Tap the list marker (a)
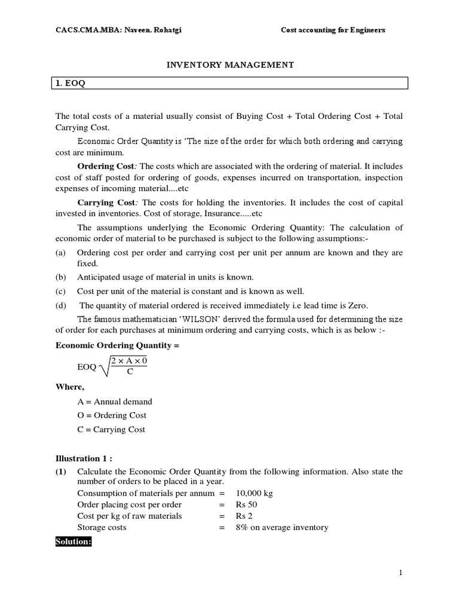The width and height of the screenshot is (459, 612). [60, 253]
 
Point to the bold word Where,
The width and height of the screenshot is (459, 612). [70, 387]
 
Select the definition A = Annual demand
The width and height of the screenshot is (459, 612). [115, 402]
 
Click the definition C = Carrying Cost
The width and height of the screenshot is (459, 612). [111, 429]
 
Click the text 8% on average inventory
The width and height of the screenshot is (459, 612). [283, 527]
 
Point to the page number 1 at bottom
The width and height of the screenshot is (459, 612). [401, 573]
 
